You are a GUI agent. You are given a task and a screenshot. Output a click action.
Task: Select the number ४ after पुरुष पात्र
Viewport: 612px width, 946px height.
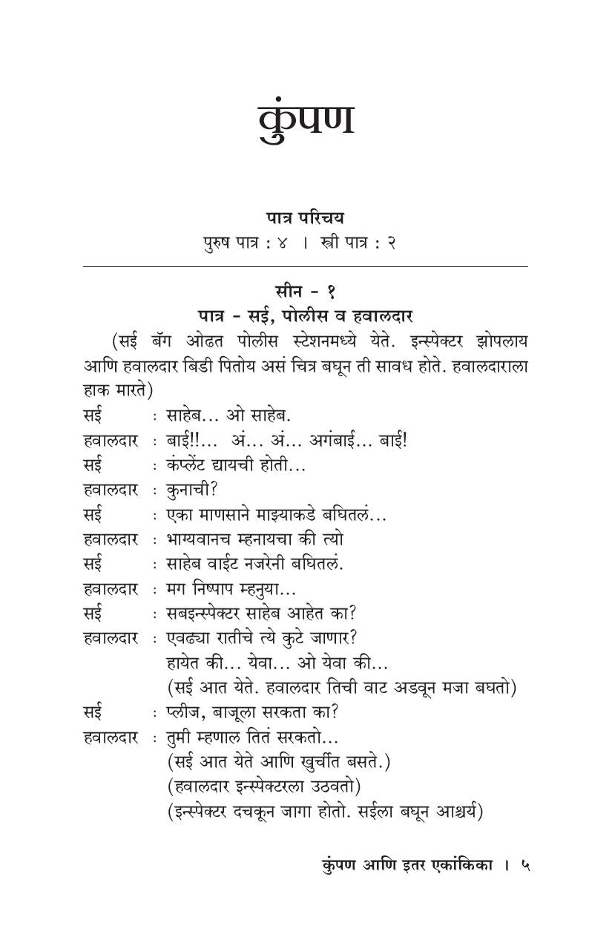click(x=281, y=243)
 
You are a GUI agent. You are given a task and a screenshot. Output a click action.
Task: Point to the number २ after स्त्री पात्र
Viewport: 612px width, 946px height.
click(x=391, y=243)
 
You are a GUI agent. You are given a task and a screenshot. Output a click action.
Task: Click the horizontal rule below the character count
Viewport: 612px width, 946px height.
click(x=306, y=266)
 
